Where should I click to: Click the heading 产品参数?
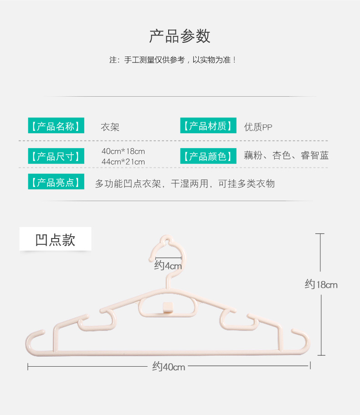tap(180, 36)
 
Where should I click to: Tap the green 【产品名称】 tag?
tap(56, 125)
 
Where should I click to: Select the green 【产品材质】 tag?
tap(208, 125)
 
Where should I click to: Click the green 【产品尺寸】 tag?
tap(56, 156)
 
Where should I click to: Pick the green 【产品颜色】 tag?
tap(208, 156)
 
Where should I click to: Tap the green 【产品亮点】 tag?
tap(56, 182)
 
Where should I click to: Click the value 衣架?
tap(110, 127)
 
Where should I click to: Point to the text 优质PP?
tap(258, 127)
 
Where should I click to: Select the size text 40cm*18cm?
tap(123, 151)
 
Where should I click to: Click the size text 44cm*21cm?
tap(123, 162)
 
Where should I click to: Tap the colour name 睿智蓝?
tap(315, 156)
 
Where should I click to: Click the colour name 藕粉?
tap(253, 156)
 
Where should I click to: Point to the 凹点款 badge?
tap(55, 239)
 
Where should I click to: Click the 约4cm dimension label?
tap(168, 265)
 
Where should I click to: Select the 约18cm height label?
tap(321, 285)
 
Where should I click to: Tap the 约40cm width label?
tap(169, 367)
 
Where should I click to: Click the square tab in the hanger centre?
tap(168, 307)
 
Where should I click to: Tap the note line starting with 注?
tap(172, 60)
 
